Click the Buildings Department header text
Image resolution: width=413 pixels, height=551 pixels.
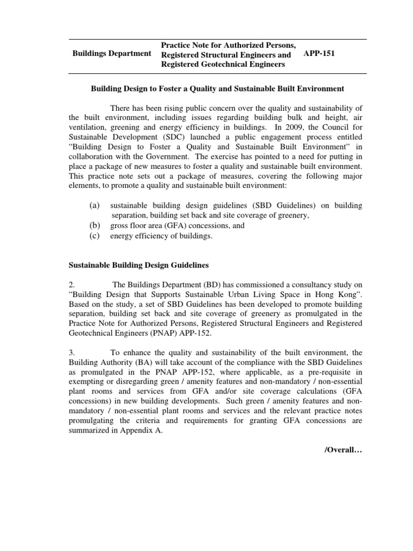(x=111, y=54)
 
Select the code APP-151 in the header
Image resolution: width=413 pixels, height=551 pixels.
(x=319, y=54)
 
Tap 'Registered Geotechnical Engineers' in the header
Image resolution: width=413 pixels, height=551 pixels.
(x=223, y=64)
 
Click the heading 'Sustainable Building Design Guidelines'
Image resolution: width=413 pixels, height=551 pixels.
(x=138, y=265)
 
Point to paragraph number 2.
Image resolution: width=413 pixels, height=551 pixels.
(x=72, y=285)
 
